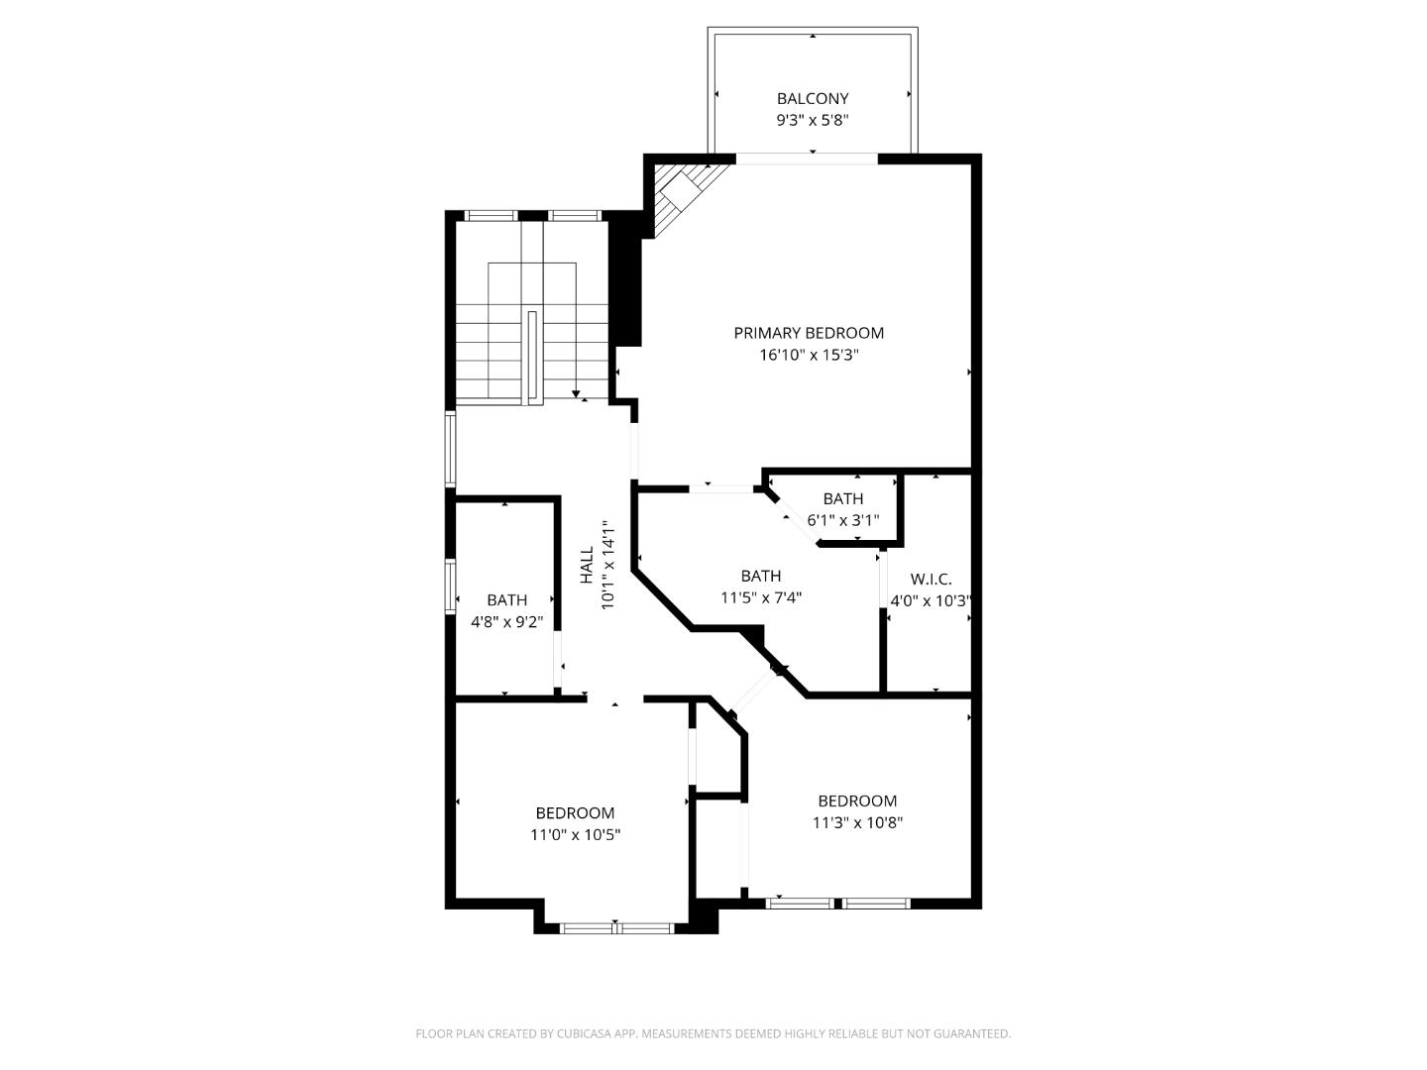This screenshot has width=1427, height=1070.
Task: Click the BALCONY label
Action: tap(812, 98)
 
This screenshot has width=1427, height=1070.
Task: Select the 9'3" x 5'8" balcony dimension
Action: tap(812, 120)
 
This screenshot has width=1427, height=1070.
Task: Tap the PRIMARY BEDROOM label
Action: tap(808, 333)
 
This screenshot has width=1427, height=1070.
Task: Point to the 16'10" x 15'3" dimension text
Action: tap(808, 355)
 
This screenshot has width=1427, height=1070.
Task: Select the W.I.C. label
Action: tap(931, 579)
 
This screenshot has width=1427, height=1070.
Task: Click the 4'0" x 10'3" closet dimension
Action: tap(930, 600)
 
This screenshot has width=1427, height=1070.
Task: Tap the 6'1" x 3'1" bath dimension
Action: tap(842, 520)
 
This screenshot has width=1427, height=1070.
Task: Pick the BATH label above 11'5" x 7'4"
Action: tap(760, 576)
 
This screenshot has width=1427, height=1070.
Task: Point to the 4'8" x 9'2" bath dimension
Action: tap(506, 622)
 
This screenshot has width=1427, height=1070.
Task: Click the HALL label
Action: tap(587, 565)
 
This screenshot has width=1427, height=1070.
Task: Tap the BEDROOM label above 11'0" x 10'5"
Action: tap(575, 813)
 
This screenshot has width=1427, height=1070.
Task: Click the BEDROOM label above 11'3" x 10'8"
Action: tap(857, 801)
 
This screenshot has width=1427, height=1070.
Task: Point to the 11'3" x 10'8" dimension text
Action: tap(857, 822)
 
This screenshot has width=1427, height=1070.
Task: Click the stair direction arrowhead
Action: tap(576, 394)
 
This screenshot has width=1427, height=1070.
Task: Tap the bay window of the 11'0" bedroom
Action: tap(616, 928)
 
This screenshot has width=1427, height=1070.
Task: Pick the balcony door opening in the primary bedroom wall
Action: tap(807, 158)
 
